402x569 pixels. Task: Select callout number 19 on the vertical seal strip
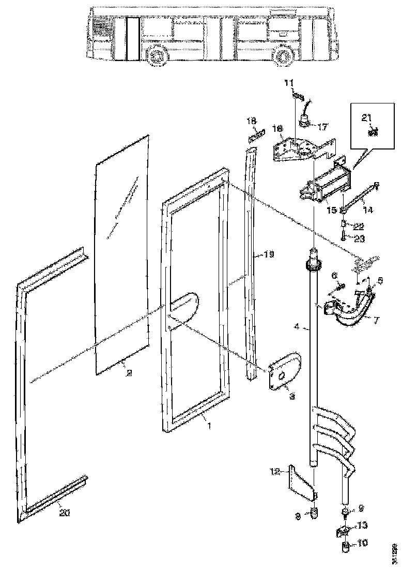(269, 254)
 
